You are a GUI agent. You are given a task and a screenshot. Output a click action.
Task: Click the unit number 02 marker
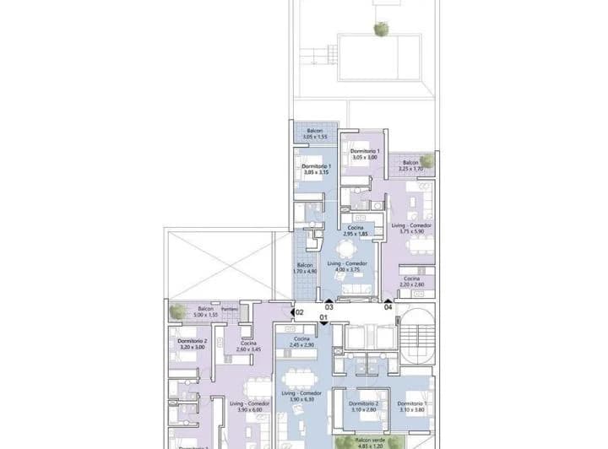point(299,312)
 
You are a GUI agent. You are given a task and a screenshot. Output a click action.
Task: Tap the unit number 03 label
point(329,308)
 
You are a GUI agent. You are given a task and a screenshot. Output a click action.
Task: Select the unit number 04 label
point(388,308)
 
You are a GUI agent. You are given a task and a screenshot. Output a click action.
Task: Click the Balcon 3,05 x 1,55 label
point(315,133)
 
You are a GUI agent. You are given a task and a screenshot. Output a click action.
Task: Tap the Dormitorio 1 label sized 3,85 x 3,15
point(316,170)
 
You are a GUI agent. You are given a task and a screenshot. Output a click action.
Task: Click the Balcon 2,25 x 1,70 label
point(410,165)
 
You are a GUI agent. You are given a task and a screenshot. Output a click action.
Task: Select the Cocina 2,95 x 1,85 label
point(356,231)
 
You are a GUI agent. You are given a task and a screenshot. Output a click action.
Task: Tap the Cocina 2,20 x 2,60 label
point(411,282)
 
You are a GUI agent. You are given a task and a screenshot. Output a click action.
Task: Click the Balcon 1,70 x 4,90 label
point(306,268)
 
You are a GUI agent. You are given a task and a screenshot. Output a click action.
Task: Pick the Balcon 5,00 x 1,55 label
point(205,312)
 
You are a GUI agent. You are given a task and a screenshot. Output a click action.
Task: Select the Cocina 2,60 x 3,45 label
point(248,346)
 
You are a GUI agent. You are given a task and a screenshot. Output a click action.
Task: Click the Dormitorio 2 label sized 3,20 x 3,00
point(193,344)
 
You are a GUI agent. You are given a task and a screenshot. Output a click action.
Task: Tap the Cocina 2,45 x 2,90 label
point(301,342)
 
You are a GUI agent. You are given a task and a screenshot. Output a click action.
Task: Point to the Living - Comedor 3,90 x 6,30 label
point(301,398)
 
